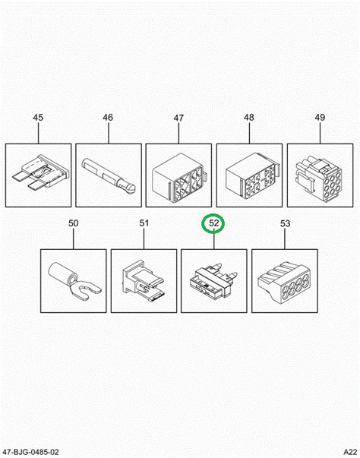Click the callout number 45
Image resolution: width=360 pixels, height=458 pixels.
(38, 118)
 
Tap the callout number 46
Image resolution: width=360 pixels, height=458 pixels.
(108, 118)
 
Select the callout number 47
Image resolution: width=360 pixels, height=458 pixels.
(178, 118)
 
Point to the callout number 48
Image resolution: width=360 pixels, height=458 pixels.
(249, 118)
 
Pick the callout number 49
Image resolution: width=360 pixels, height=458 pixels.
(320, 118)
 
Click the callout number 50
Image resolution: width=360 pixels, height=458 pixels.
(73, 223)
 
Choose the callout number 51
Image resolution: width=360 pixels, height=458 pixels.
(144, 223)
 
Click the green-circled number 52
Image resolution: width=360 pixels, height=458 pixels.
(213, 223)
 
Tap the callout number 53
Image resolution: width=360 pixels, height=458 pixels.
(285, 223)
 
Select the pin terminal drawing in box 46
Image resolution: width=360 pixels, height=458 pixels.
(109, 176)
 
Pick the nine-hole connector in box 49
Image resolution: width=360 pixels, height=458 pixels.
(319, 178)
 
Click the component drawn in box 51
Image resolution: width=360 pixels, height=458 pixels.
(143, 280)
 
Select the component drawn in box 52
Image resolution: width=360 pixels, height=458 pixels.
(213, 280)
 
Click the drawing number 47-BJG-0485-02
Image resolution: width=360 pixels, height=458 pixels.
(30, 452)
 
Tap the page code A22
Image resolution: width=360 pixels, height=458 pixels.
(350, 452)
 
